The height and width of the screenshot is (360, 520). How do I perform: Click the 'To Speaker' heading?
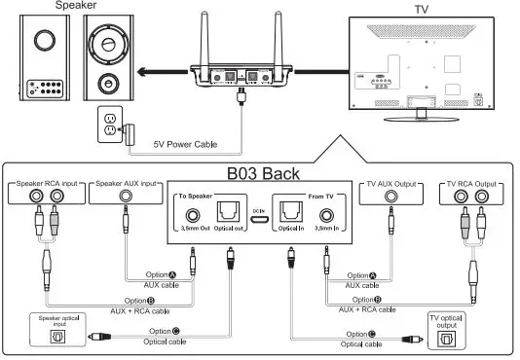pyautogui.click(x=196, y=195)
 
